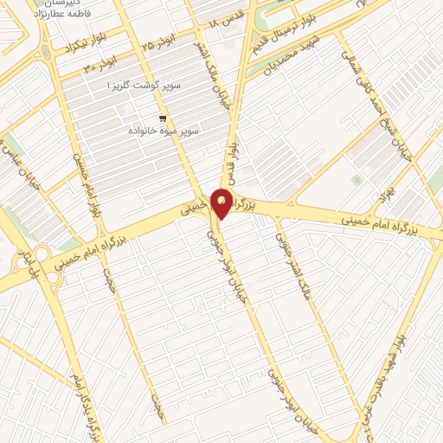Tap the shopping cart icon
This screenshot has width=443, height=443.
click(163, 118)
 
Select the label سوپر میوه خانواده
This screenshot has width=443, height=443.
click(164, 130)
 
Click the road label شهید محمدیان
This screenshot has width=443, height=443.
click(291, 58)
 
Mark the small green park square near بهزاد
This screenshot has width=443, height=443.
click(356, 180)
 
